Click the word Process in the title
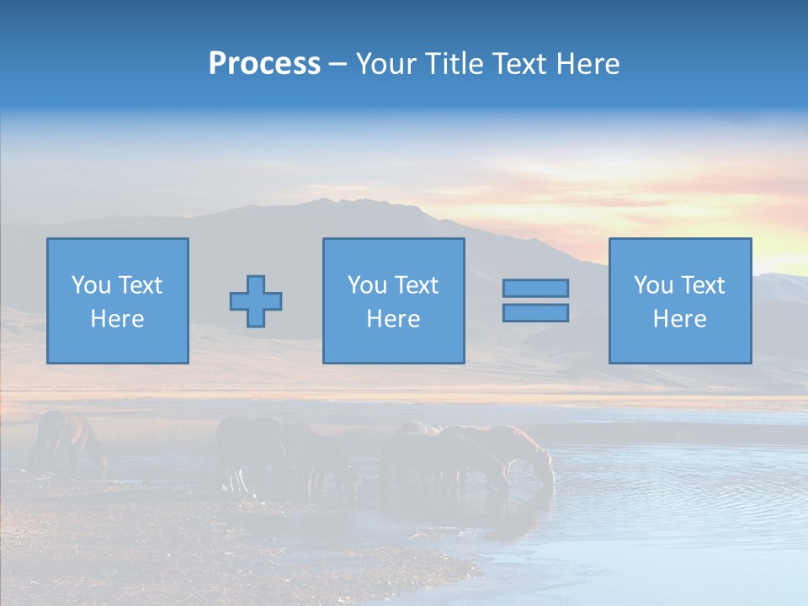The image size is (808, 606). click(x=264, y=64)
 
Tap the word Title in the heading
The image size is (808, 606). click(x=452, y=64)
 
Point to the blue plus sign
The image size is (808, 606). click(x=256, y=300)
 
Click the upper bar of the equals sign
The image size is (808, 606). click(x=535, y=288)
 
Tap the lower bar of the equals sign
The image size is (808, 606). click(x=535, y=312)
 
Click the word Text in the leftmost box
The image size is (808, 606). click(x=140, y=285)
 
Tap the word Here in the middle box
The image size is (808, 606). click(x=393, y=319)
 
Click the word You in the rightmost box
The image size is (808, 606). click(x=653, y=285)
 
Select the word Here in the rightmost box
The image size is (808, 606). click(x=680, y=319)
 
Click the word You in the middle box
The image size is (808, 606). click(x=367, y=285)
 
